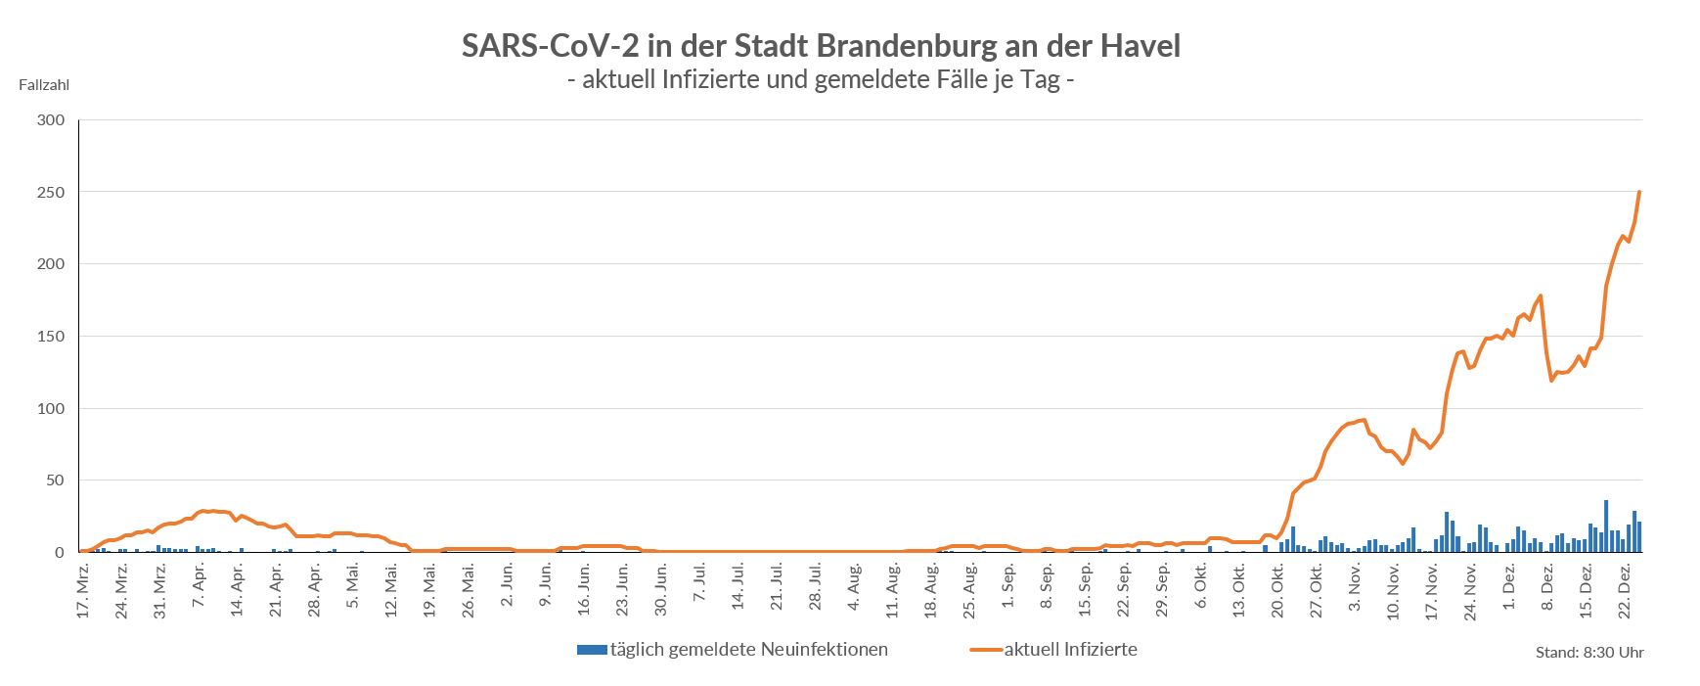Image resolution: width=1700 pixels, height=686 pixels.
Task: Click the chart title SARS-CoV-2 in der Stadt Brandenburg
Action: [821, 46]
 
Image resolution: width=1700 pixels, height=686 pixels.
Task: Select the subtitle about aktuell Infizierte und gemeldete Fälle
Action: [821, 79]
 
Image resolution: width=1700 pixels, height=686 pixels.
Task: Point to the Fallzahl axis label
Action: [44, 85]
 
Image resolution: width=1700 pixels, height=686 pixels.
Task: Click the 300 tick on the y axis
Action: [51, 120]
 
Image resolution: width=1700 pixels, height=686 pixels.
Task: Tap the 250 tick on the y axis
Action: [51, 193]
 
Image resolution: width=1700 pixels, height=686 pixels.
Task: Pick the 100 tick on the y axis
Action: [51, 408]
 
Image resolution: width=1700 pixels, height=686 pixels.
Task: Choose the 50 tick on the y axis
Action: [55, 480]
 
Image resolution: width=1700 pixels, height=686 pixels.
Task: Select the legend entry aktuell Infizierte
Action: [1070, 649]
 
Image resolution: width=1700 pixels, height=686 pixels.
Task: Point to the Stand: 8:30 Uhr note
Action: [1589, 653]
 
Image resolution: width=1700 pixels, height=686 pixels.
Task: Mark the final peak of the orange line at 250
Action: [1639, 193]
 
